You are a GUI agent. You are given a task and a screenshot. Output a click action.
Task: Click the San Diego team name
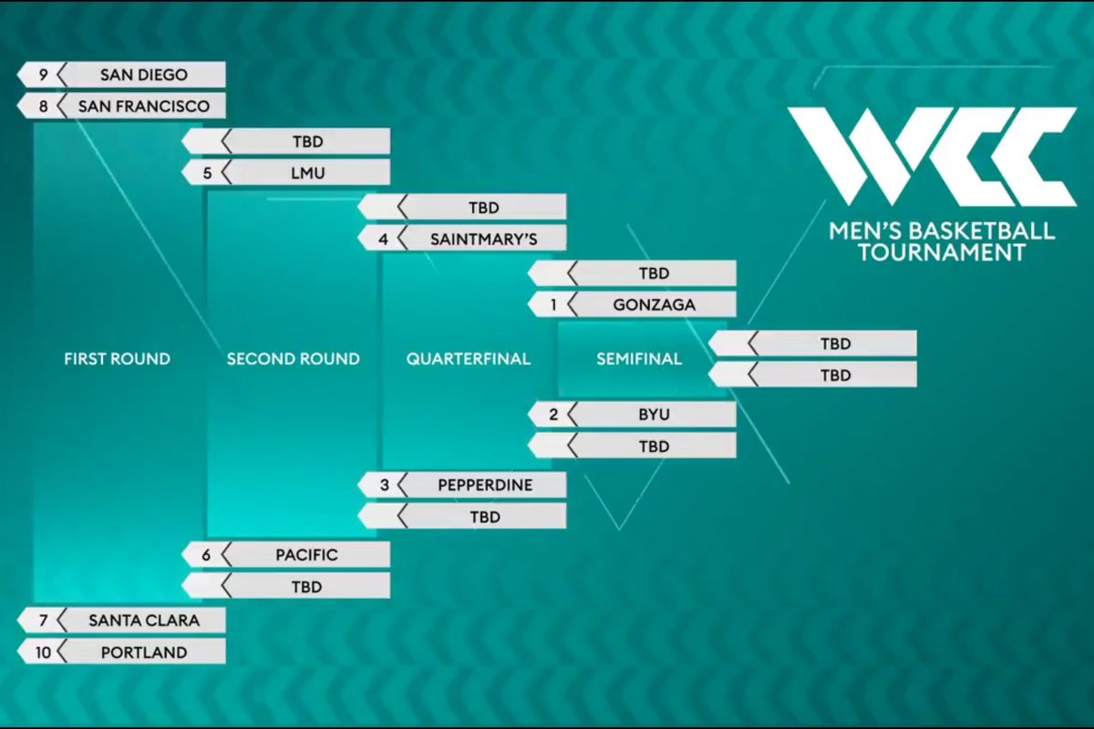[144, 75]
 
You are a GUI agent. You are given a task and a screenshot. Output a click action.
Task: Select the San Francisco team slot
[121, 106]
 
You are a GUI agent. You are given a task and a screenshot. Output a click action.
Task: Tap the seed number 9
[44, 75]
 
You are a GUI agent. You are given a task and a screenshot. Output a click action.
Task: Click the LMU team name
[308, 173]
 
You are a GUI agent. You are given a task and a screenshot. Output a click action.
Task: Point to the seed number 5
[208, 173]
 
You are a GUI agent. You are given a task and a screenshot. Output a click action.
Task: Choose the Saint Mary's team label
[483, 240]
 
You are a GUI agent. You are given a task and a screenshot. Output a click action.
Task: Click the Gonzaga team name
[654, 304]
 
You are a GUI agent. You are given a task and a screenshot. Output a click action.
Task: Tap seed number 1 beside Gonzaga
[553, 304]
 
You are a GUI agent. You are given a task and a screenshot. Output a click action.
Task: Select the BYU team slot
[632, 415]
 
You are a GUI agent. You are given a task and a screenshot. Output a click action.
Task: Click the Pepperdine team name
[485, 485]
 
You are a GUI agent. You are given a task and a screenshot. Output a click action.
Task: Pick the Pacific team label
[306, 555]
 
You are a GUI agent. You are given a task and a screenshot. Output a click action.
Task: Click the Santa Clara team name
[144, 621]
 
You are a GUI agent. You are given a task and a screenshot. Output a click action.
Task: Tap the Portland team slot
[121, 652]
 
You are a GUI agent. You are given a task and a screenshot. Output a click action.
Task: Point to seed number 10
[43, 652]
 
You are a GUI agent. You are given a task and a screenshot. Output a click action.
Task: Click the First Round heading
[118, 359]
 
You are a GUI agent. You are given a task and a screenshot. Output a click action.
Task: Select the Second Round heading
[293, 359]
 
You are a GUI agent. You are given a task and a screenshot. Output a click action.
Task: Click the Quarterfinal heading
[468, 359]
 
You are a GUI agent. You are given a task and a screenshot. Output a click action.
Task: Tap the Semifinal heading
[639, 359]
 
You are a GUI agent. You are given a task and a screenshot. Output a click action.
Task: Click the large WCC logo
[932, 156]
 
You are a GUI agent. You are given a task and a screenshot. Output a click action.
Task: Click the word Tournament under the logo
[942, 252]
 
